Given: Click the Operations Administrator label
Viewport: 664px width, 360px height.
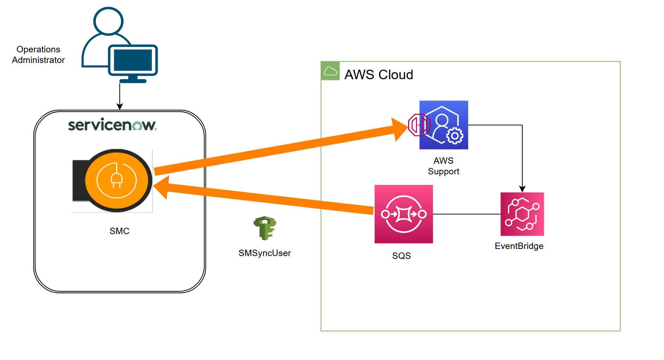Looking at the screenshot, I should click(38, 54).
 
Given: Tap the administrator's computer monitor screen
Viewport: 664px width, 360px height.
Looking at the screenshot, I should click(133, 60).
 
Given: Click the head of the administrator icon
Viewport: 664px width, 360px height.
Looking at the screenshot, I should click(108, 21).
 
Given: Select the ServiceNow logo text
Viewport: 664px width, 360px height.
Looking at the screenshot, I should click(112, 124).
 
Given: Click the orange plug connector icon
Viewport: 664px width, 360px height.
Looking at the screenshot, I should click(116, 180).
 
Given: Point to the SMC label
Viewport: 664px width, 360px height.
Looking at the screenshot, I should click(119, 231).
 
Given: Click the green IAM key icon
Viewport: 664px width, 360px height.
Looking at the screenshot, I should click(265, 228).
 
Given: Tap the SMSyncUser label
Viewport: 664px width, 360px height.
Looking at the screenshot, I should click(264, 253).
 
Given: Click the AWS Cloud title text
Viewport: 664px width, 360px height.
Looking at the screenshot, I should click(378, 75).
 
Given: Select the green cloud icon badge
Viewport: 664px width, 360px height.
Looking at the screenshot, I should click(330, 71).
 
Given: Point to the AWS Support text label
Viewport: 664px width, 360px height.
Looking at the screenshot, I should click(443, 166).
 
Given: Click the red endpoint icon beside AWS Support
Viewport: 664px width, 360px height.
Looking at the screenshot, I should click(419, 125).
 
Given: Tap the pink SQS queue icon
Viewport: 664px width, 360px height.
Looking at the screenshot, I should click(404, 214).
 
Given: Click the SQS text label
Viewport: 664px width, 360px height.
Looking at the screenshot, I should click(401, 256).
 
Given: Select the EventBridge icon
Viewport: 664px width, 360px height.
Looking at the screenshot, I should click(522, 214).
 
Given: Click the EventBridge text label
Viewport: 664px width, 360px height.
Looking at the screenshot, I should click(519, 246).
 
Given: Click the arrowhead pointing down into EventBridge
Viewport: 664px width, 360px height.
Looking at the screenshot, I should click(522, 189).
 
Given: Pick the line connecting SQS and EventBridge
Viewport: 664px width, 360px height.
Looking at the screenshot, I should click(466, 214).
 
